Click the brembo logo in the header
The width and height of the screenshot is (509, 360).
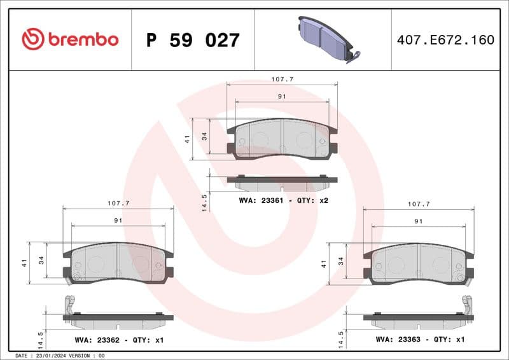click(70, 39)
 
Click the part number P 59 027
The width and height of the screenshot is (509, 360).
click(193, 40)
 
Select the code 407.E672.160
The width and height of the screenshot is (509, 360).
click(445, 40)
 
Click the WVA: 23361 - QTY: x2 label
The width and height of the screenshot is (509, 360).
click(283, 200)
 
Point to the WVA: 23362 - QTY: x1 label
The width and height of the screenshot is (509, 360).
click(119, 340)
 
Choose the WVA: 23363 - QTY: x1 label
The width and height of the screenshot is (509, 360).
click(420, 340)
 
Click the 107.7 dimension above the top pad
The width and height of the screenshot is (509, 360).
click(282, 80)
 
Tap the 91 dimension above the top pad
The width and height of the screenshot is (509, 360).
click(282, 96)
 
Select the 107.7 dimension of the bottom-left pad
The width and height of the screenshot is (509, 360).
click(118, 204)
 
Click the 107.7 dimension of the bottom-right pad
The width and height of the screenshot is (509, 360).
click(419, 204)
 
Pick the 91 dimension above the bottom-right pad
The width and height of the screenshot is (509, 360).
click(419, 221)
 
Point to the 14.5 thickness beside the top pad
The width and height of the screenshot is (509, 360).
click(204, 202)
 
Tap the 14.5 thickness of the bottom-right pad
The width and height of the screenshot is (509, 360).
click(340, 338)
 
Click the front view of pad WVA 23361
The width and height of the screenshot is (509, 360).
click(282, 139)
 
